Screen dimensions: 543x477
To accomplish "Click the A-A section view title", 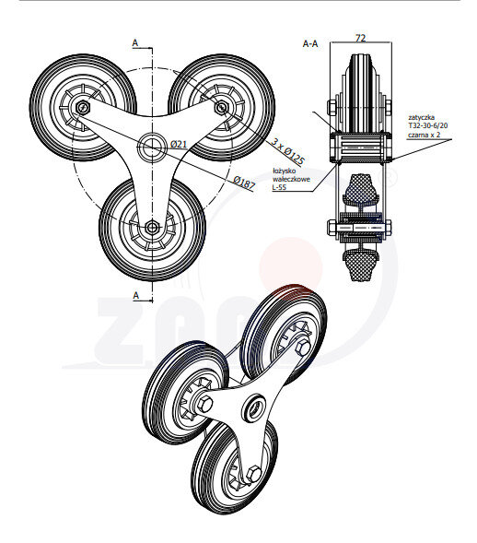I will pos(310,42).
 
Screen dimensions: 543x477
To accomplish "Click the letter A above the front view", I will pos(134,42).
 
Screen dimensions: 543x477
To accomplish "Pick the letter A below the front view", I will pos(134,295).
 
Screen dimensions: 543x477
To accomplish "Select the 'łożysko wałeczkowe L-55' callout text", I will pos(291,178).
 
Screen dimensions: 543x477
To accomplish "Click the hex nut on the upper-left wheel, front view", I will pos(83,108).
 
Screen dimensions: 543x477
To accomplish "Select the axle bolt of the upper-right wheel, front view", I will pos(221,107).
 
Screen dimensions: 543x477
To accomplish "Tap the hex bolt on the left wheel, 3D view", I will pos(203,404).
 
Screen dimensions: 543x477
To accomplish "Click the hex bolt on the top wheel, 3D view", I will pos(303,347).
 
